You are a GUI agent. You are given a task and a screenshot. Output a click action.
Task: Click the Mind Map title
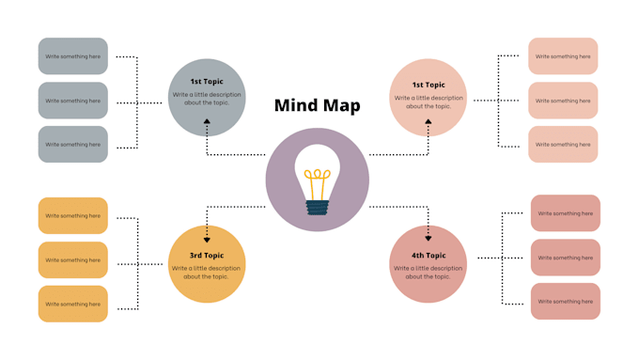(317, 105)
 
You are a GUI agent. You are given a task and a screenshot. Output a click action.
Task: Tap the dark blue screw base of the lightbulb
(318, 206)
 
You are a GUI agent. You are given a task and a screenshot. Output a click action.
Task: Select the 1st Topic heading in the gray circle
(207, 82)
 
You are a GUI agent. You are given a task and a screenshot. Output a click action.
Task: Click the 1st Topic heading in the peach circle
(429, 85)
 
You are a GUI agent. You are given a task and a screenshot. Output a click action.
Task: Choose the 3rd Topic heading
(207, 256)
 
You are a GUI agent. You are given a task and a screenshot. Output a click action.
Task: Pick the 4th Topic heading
(429, 255)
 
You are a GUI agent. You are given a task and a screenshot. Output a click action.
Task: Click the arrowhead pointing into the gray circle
(208, 122)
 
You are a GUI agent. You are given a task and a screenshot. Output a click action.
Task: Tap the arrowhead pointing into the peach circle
(429, 121)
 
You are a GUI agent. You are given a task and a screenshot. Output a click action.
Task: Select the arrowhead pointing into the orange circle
(208, 240)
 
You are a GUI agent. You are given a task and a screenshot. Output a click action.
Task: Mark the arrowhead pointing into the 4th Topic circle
(429, 238)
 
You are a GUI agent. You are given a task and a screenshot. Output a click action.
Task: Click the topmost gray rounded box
(73, 56)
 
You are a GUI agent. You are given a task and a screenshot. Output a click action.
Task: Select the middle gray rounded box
(73, 101)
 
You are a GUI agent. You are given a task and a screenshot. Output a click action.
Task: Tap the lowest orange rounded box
(73, 305)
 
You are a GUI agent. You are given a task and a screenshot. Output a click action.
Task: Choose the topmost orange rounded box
(73, 216)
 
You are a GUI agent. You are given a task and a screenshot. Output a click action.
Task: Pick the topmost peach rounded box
(563, 56)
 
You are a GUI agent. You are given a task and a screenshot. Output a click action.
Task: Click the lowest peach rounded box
(563, 145)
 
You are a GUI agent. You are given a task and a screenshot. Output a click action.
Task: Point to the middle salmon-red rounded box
(565, 258)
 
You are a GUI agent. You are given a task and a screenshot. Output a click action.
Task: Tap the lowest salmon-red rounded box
(565, 302)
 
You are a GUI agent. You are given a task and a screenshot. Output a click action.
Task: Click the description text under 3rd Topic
(207, 273)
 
